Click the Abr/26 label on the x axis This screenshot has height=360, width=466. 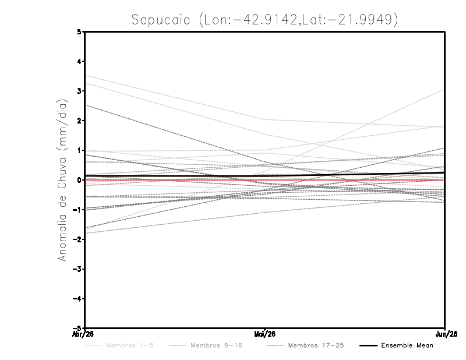[x=83, y=334]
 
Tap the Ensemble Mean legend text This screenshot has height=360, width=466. [x=407, y=345]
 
